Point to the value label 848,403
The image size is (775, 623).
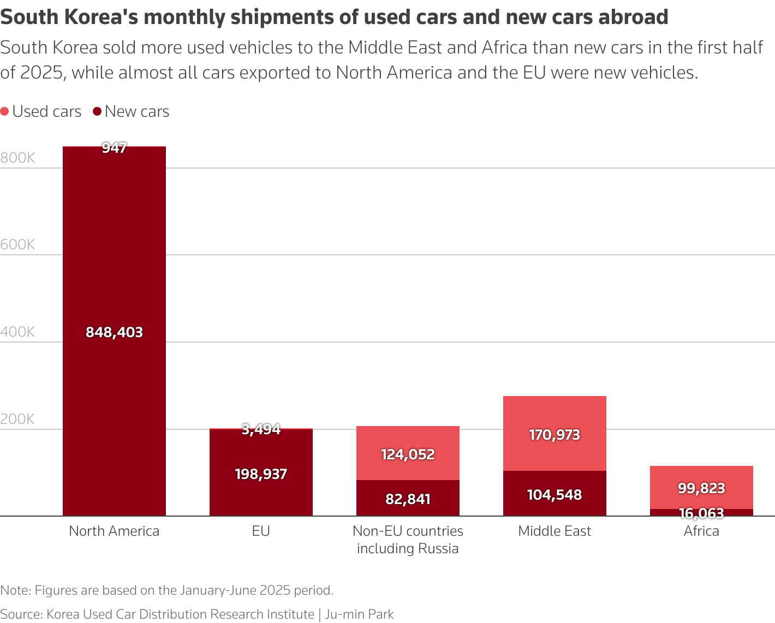click(114, 332)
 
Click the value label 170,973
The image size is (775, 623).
click(555, 435)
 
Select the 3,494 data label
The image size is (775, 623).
click(261, 429)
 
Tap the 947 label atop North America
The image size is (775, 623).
click(114, 148)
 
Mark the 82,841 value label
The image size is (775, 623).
click(408, 499)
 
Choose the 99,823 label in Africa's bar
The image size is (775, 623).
click(701, 488)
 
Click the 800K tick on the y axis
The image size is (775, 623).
click(17, 158)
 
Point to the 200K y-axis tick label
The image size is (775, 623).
click(17, 419)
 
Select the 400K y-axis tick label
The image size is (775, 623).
click(17, 332)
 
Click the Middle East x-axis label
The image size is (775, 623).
click(555, 531)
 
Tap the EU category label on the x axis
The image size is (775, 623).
click(261, 531)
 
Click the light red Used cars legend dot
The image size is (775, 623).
click(5, 112)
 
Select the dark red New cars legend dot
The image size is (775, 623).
click(97, 112)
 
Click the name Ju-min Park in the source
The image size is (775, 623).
click(359, 614)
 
